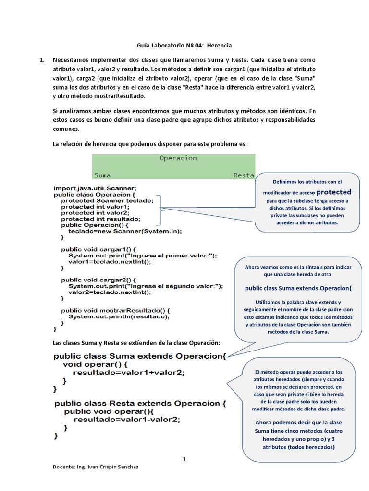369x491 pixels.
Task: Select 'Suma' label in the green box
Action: click(102, 175)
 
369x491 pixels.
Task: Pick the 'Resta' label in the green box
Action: click(243, 175)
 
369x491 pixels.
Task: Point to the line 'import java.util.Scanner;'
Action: click(95, 188)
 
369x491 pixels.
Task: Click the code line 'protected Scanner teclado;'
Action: click(107, 200)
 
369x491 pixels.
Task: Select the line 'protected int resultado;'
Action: click(100, 219)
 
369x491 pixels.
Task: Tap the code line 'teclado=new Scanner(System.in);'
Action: click(125, 231)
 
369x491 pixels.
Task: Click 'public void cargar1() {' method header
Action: click(99, 249)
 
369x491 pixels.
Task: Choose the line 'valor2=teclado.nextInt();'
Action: click(110, 292)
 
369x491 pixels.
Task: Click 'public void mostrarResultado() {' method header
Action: click(115, 310)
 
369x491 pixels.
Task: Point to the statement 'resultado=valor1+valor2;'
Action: click(128, 373)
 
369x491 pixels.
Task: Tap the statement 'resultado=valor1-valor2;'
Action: click(127, 419)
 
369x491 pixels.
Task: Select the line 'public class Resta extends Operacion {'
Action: click(140, 403)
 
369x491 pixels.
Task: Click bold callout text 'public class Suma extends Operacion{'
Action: click(298, 289)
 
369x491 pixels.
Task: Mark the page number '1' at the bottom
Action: click(184, 459)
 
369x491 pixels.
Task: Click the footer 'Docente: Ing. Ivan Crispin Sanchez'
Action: click(96, 467)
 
